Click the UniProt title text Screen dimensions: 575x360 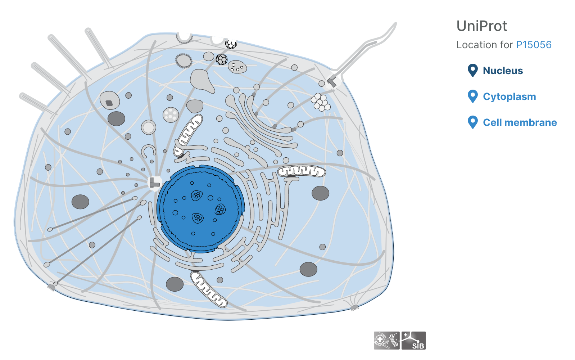(481, 26)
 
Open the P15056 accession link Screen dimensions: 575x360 (534, 45)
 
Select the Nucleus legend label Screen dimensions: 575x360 (503, 71)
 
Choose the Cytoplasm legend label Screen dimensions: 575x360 (510, 97)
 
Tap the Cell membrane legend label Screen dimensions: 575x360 (520, 122)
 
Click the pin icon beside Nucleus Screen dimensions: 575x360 (472, 70)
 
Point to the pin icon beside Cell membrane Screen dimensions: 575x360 (472, 122)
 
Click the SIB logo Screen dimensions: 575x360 (413, 341)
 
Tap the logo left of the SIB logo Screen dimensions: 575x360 (386, 341)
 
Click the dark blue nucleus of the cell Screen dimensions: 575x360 (200, 208)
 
